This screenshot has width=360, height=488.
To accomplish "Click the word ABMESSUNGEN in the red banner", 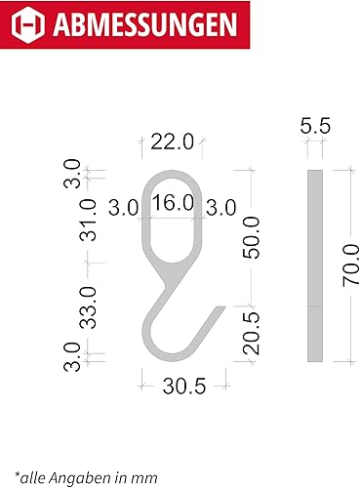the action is pos(145,24).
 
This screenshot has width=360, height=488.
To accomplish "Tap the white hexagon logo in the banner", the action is pos(28,24).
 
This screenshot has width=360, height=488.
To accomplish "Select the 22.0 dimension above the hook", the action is pos(172,142).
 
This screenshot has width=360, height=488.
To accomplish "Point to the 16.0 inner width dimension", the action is pos(173,202).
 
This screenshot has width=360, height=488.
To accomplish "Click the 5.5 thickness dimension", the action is pos(315,126).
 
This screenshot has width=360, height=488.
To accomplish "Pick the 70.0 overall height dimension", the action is pos(351,265).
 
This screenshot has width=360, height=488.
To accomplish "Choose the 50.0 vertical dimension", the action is pos(252,238).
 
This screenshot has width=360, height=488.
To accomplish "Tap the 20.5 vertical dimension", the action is pos(252,333).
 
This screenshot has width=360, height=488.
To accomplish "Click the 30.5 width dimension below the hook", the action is pos(184,386).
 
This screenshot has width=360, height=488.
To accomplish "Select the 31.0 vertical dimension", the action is pos(88,220).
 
